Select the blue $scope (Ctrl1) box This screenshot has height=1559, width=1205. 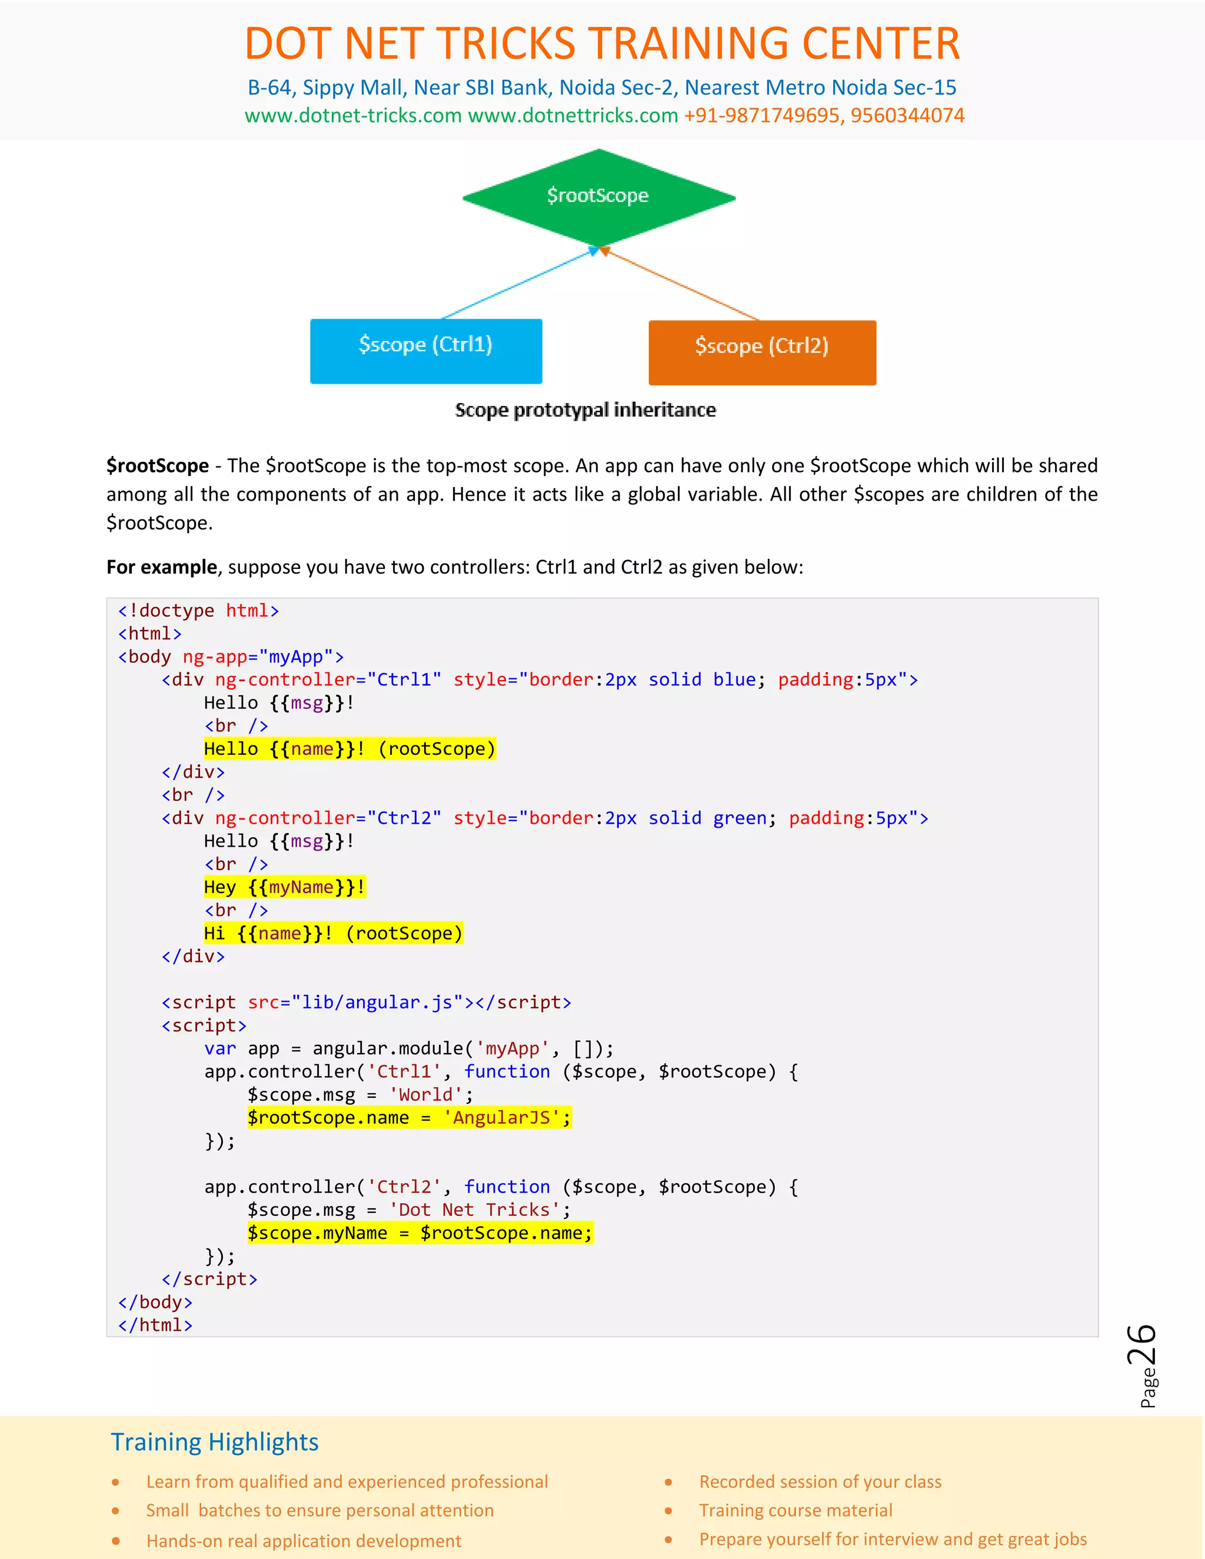pyautogui.click(x=425, y=351)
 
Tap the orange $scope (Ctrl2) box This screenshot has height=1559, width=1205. pyautogui.click(x=762, y=352)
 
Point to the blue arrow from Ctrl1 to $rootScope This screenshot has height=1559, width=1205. pyautogui.click(x=518, y=284)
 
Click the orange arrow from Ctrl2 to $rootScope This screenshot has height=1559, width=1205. pyautogui.click(x=682, y=284)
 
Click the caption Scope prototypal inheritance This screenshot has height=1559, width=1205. pyautogui.click(x=585, y=409)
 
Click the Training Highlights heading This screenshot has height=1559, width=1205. pyautogui.click(x=214, y=1442)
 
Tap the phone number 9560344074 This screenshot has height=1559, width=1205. pyautogui.click(x=907, y=116)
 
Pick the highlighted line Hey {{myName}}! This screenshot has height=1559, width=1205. pyautogui.click(x=284, y=887)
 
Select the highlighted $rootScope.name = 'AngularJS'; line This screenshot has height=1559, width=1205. pyautogui.click(x=409, y=1118)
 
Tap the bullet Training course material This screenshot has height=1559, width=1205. pyautogui.click(x=795, y=1510)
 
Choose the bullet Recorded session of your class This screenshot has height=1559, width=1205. pyautogui.click(x=820, y=1482)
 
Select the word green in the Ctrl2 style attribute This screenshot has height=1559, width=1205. pyautogui.click(x=740, y=818)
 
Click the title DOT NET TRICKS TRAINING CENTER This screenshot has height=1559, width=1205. pyautogui.click(x=602, y=44)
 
